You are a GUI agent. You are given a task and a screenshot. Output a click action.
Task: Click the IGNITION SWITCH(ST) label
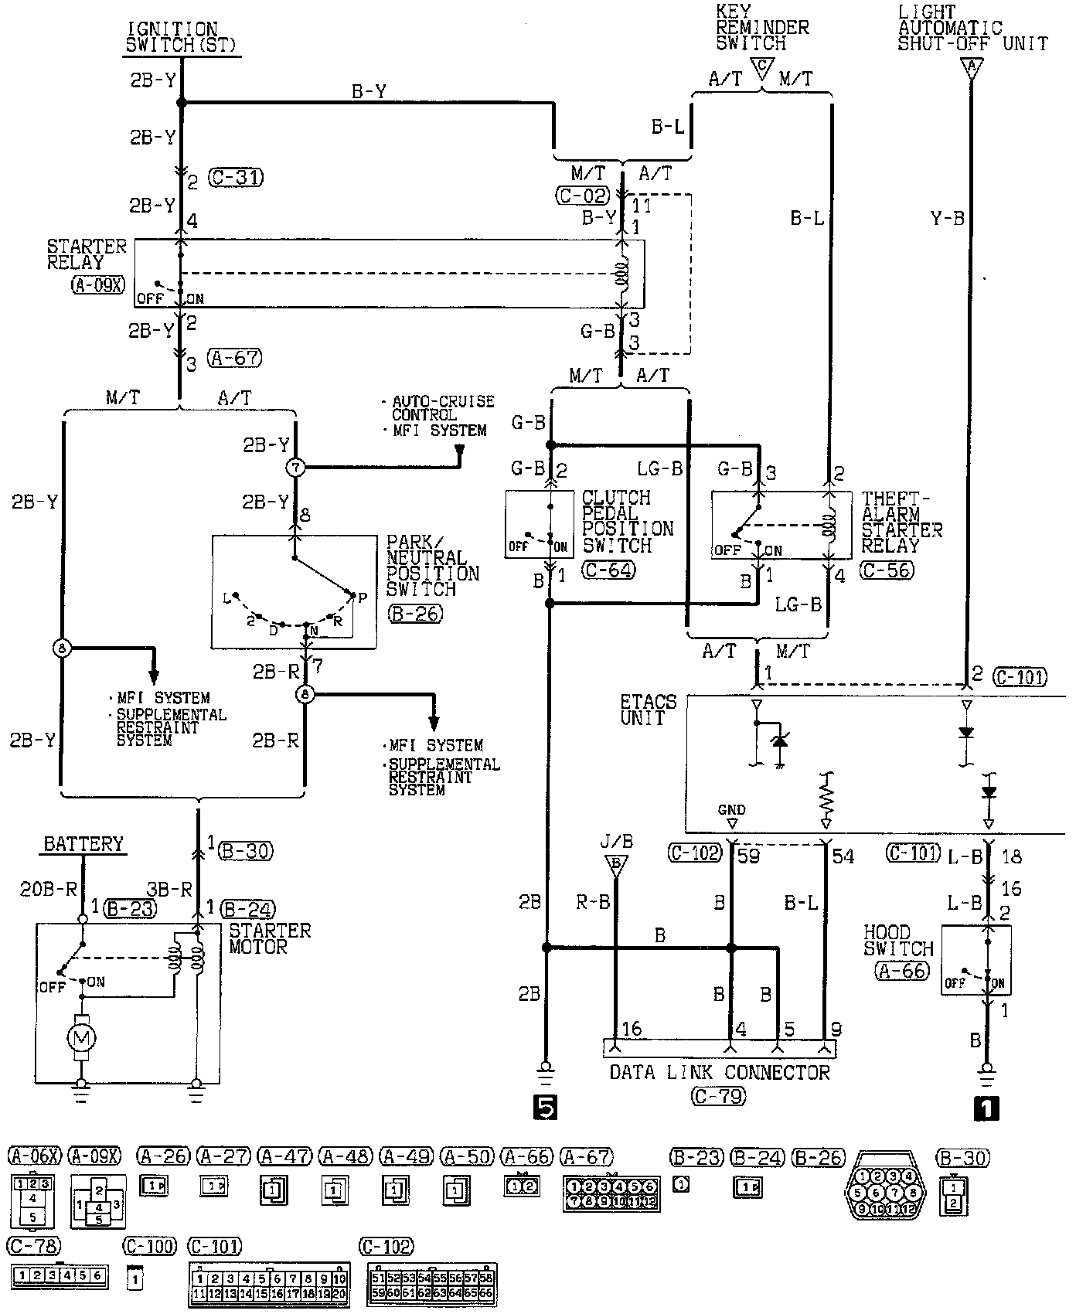(x=182, y=37)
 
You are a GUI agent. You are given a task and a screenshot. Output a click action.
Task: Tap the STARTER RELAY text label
(x=87, y=254)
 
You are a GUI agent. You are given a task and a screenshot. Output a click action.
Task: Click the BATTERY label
(x=83, y=843)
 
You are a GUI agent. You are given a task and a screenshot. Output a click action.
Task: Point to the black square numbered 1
(x=987, y=1108)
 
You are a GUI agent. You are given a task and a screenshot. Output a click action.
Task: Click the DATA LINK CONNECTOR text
(x=719, y=1072)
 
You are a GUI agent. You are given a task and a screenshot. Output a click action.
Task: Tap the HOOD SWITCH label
(x=898, y=940)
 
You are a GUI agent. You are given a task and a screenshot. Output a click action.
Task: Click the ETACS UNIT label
(x=648, y=710)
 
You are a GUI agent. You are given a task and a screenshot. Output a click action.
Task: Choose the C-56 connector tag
(x=887, y=570)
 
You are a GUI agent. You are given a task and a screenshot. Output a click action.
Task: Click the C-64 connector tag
(x=608, y=570)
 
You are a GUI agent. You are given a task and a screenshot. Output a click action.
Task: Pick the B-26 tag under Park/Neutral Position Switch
(x=416, y=614)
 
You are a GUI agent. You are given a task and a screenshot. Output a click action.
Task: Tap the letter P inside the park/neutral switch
(x=362, y=597)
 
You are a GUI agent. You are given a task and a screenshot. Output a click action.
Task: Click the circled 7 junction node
(x=297, y=467)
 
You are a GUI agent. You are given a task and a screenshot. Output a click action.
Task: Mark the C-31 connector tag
(x=236, y=178)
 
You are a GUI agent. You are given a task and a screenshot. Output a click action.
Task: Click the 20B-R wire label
(x=47, y=889)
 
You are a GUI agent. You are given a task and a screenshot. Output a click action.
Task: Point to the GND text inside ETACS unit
(x=731, y=810)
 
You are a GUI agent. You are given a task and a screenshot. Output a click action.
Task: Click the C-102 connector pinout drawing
(x=431, y=1284)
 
